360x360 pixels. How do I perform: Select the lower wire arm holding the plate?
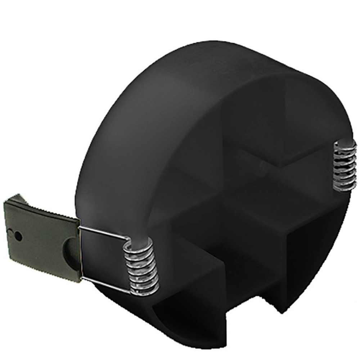pyautogui.click(x=104, y=284)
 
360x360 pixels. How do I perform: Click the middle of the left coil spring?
pyautogui.click(x=141, y=268)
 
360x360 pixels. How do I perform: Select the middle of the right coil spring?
pyautogui.click(x=345, y=166)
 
